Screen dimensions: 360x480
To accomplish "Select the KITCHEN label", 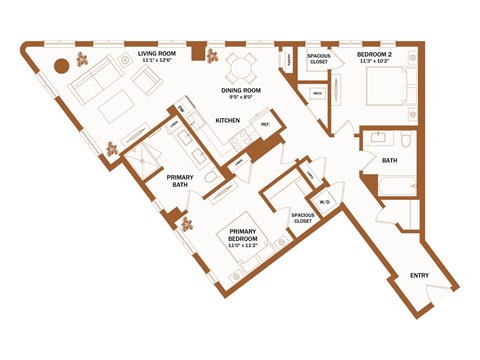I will click(230, 120).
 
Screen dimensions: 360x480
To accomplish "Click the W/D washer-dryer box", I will click(324, 203).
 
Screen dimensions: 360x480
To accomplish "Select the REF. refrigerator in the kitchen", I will click(266, 125).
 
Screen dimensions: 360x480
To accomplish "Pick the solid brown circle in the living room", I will click(60, 66).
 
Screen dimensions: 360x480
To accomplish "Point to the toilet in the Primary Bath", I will click(210, 178).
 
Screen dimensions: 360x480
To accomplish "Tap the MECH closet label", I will click(317, 94).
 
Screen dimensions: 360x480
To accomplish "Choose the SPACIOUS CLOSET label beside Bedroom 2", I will click(319, 58).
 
